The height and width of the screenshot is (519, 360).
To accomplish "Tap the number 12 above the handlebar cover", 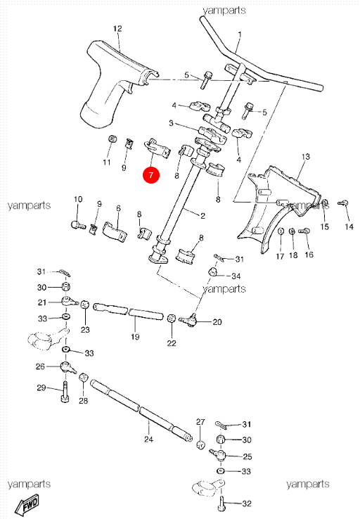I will (117, 29).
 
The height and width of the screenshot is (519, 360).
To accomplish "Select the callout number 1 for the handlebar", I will (239, 34).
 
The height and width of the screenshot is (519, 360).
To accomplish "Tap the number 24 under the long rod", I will (148, 440).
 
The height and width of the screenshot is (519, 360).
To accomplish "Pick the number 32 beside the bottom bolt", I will (245, 504).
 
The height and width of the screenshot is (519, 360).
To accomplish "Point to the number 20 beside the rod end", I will (217, 322).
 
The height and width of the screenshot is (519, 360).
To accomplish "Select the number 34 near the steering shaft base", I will (236, 276).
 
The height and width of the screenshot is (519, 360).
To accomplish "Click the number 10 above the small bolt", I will (77, 199).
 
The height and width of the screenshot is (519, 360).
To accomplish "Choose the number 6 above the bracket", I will (118, 209).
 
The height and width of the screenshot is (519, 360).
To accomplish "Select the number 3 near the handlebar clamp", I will (171, 124).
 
